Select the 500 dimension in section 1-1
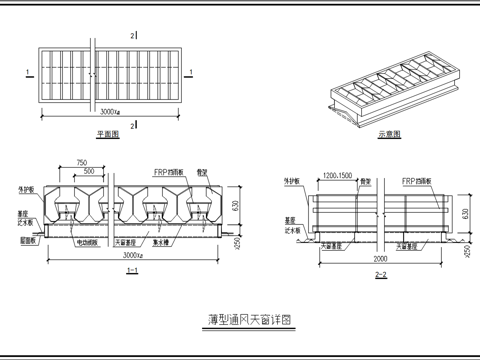[91, 171]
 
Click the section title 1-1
[130, 270]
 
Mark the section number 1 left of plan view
[22, 72]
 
